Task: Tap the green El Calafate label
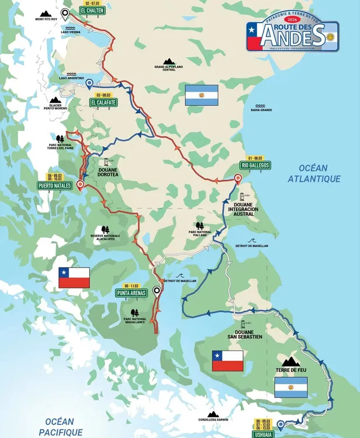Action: click(103, 102)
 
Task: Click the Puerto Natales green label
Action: click(54, 186)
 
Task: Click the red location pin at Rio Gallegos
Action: click(238, 179)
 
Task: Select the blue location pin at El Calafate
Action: click(89, 84)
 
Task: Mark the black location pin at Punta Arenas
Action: click(157, 290)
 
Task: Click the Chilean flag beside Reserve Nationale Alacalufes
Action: click(74, 277)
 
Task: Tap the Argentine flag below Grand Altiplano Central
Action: click(201, 95)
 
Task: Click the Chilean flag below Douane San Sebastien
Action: click(227, 360)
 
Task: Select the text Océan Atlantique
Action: click(314, 173)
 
